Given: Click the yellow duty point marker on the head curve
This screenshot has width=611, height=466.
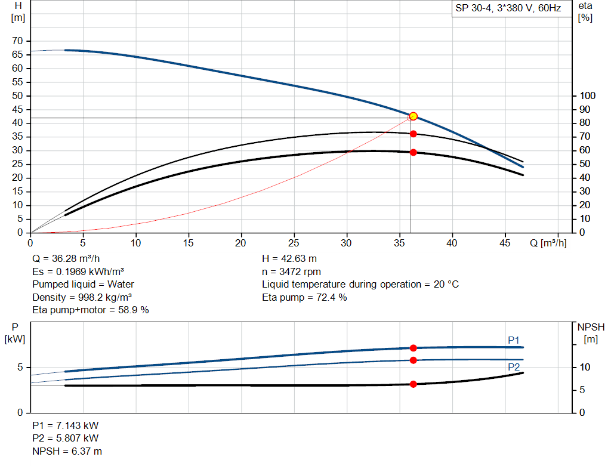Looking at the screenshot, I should pos(413,116).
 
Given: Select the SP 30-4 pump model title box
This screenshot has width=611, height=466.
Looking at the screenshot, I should pos(508,9).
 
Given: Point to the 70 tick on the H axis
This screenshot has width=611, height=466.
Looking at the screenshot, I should pos(18,41).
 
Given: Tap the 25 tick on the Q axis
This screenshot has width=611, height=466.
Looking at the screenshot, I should pos(294,243).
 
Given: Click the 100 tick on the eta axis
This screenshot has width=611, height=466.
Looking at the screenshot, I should pos(588,95).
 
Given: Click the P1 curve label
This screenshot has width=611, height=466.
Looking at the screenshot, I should pos(514,340).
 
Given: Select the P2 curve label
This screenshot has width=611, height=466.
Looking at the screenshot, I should pos(514,367).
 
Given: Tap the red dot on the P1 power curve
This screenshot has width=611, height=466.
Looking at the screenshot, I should pos(413,348).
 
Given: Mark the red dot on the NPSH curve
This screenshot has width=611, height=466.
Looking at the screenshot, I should pos(413,384).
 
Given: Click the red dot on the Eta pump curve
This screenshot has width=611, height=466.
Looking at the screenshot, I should pos(413,134).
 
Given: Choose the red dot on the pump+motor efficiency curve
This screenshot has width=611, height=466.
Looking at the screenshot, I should pos(413,152).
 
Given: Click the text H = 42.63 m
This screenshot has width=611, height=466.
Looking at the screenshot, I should pos(289,258).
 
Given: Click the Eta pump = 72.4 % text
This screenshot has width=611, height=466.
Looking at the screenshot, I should pos(304,297).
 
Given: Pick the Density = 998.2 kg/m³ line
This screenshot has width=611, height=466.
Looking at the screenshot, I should pos(82,297).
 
